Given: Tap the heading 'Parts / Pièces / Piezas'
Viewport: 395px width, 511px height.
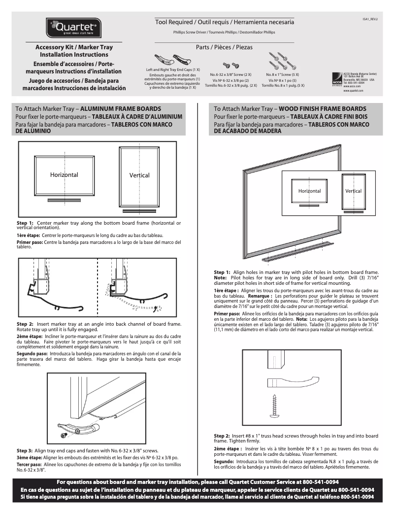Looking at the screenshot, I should (224, 48).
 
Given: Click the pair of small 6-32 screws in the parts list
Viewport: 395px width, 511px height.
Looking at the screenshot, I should (231, 65).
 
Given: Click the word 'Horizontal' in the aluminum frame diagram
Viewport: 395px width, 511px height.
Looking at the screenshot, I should (64, 175).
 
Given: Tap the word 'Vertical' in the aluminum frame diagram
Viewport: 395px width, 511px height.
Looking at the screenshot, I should (139, 175).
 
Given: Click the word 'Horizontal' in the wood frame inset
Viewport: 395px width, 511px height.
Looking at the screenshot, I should (309, 191).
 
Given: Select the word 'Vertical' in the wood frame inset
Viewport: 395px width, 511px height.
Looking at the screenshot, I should (353, 191).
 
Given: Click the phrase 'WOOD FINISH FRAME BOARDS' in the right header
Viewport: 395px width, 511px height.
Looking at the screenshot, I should (323, 108).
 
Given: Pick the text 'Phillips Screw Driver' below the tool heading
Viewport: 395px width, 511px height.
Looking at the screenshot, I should (189, 32).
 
